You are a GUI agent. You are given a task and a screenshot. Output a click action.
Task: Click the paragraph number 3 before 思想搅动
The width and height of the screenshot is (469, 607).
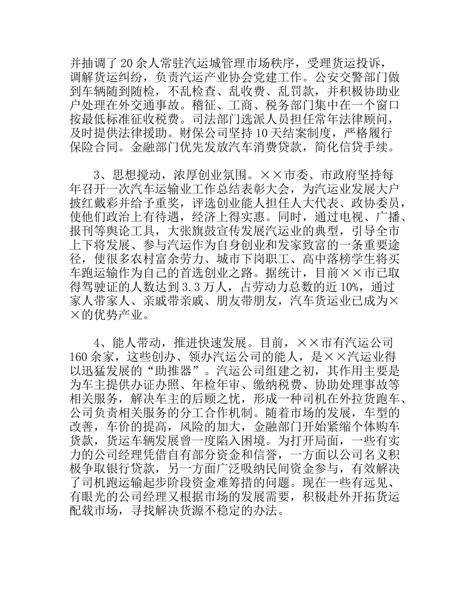pos(97,175)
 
